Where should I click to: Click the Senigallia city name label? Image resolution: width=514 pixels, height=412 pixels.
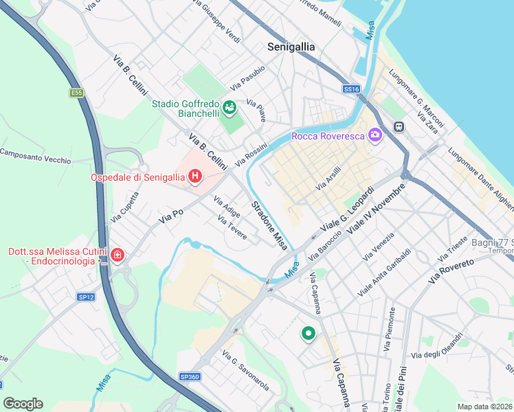coord(291,47)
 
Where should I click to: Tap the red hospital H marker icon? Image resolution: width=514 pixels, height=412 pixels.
coord(195,177)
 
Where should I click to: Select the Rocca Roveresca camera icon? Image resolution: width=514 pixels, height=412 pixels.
coord(375,135)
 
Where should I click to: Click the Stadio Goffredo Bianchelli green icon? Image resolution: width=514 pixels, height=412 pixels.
coord(229,107)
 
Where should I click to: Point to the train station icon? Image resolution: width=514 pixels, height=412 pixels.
coord(398,126)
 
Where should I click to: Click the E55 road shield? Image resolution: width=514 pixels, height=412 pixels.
coord(76,92)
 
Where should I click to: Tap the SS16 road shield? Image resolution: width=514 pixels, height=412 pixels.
coord(351,89)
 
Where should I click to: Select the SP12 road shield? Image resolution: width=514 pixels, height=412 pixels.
coord(85,297)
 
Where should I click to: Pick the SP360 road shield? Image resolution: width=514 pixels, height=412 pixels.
coord(189,376)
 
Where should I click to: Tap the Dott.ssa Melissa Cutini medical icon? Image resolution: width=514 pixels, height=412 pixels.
coord(118,256)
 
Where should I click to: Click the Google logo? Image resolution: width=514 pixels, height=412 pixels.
coord(23,404)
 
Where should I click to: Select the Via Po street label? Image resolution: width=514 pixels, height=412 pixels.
coord(171,215)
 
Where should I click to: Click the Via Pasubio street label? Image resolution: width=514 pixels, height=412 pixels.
coord(248,78)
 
